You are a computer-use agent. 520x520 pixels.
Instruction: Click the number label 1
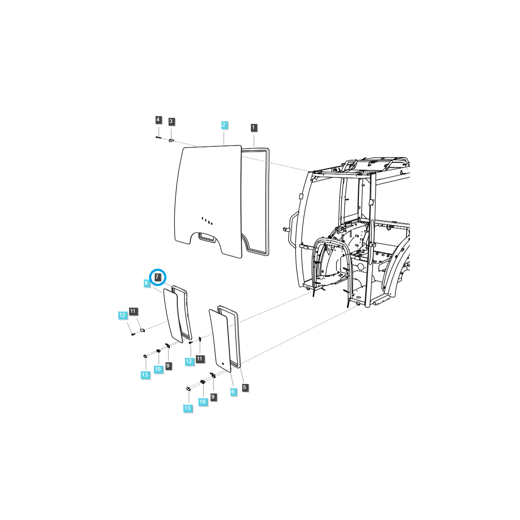pyautogui.click(x=253, y=127)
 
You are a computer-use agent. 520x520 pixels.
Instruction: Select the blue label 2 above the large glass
pyautogui.click(x=224, y=125)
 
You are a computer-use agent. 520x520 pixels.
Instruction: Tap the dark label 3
pyautogui.click(x=171, y=121)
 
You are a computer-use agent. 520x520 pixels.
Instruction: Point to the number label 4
pyautogui.click(x=158, y=120)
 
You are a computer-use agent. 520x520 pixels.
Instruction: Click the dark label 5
pyautogui.click(x=245, y=387)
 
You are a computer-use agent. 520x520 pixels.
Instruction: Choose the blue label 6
pyautogui.click(x=233, y=392)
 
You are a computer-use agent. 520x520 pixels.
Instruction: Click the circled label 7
pyautogui.click(x=157, y=276)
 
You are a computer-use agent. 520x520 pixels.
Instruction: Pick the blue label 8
pyautogui.click(x=146, y=283)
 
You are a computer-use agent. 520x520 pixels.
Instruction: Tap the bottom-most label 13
pyautogui.click(x=187, y=408)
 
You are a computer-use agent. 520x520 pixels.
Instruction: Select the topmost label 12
pyautogui.click(x=122, y=315)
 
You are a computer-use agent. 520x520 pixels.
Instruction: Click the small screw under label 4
pyautogui.click(x=158, y=137)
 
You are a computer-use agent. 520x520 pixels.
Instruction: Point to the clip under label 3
pyautogui.click(x=171, y=140)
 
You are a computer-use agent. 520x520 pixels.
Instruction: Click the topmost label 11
pyautogui.click(x=133, y=311)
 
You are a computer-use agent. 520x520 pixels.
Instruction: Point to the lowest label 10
pyautogui.click(x=202, y=402)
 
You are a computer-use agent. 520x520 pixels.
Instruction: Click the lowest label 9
pyautogui.click(x=213, y=396)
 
